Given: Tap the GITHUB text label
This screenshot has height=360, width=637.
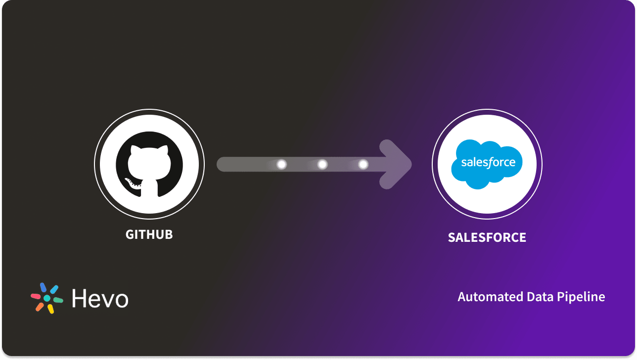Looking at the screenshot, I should tap(149, 234).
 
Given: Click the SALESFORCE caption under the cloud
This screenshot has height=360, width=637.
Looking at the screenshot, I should tap(487, 237).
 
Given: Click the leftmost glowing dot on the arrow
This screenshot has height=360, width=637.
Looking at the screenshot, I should tap(282, 164).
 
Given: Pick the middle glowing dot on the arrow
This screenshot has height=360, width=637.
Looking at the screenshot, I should tap(322, 164).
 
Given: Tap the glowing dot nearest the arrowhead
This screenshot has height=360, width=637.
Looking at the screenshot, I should tap(363, 164).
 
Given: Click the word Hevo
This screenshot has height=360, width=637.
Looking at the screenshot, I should tap(100, 298).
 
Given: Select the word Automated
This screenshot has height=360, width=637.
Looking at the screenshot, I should tap(485, 297).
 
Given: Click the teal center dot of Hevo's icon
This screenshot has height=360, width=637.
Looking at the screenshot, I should tap(47, 298).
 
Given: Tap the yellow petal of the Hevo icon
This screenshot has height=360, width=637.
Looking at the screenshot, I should tap(50, 309).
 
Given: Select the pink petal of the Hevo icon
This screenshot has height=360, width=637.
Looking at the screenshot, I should tap(36, 296).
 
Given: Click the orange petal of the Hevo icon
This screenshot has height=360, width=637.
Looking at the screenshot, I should tap(40, 307).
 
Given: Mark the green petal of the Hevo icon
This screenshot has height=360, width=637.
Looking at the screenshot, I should tap(58, 300).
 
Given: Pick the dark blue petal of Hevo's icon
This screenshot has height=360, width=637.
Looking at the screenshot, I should tap(43, 287).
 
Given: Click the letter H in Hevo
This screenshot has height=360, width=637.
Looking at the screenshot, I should tap(79, 298).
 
